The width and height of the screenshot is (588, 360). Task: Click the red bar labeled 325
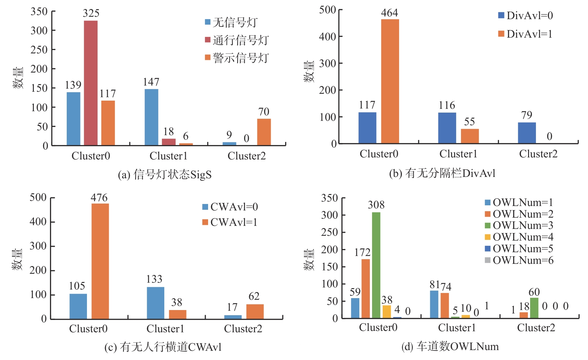pos(91,83)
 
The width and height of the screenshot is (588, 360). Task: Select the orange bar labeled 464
pos(390,81)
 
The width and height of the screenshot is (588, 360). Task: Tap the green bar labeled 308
pos(376,265)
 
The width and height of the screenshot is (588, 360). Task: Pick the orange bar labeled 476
pos(100,261)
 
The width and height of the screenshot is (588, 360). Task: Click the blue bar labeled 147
pos(151,117)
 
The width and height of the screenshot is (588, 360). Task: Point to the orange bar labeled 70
pos(264,132)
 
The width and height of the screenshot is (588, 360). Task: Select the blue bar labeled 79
pos(527,133)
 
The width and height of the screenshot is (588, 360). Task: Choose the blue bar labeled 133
pos(155,303)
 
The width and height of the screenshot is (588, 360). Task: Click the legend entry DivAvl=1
pos(525,34)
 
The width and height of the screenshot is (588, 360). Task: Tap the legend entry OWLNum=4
pos(519,237)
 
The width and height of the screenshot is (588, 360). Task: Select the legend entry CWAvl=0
pos(230,207)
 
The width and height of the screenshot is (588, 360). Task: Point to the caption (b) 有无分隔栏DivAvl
pos(442,173)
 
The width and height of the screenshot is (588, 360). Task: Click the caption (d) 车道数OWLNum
pos(450,347)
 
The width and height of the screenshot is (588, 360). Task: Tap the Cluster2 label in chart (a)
pos(246,156)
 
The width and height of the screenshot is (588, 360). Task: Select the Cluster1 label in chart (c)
pos(165,329)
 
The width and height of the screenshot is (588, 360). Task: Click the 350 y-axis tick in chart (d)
pos(329,198)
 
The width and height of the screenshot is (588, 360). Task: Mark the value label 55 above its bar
pos(469,122)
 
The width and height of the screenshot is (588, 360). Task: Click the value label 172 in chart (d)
pos(362,253)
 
